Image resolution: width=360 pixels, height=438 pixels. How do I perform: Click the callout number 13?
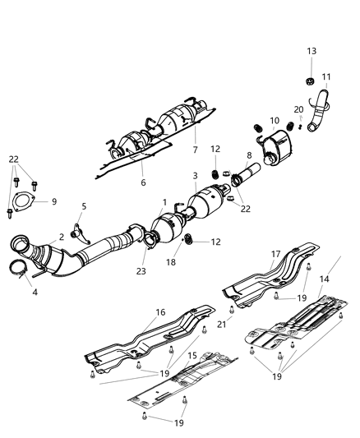(x=312, y=51)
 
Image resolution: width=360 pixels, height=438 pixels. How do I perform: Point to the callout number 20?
(x=298, y=109)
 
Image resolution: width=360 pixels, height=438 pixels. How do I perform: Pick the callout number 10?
(x=274, y=121)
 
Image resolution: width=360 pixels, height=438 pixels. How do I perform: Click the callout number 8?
(x=248, y=154)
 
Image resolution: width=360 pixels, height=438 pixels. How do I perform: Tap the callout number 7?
(x=195, y=150)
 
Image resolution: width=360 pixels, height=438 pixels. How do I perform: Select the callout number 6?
(x=141, y=182)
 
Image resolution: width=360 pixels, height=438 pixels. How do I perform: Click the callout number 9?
(x=54, y=201)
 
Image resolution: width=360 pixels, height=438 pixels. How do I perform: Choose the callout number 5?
(x=83, y=205)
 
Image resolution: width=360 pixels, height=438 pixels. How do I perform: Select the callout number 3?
(x=195, y=176)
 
